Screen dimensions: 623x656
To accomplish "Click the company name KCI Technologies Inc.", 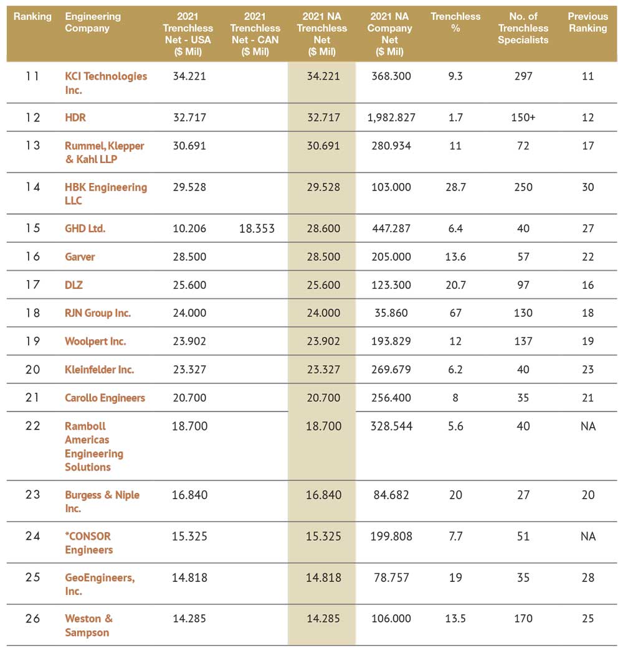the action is (106, 83).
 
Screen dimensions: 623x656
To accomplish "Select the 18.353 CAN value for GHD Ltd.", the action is (257, 228).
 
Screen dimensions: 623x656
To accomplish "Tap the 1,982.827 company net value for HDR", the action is (391, 118).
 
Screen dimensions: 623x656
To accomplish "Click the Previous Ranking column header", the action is (588, 22).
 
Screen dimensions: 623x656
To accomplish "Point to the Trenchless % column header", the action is (455, 22).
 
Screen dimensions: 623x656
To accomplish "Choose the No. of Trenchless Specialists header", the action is (523, 28).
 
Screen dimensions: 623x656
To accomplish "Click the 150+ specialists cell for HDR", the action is (523, 118).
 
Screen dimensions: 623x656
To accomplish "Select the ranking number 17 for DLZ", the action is (32, 285).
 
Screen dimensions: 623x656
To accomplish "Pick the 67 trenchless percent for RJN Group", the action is (455, 313).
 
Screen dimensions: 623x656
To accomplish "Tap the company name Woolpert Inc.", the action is (95, 342).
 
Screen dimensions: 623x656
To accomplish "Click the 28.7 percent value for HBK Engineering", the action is (455, 187).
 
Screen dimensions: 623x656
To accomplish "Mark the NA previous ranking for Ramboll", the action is (588, 426).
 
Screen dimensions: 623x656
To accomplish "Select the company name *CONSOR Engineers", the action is (88, 543).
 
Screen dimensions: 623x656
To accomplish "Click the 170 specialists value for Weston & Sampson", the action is (523, 619).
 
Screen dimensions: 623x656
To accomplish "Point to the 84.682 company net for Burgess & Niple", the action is (391, 495).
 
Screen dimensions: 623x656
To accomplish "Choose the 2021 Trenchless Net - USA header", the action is (188, 34).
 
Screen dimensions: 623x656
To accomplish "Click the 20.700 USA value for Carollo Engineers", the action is (189, 398).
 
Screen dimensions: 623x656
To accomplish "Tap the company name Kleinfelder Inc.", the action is (99, 370).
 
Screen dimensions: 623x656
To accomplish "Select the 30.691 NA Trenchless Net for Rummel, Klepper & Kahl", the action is (323, 146).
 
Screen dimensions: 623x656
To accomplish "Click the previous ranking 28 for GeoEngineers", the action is (588, 578).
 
